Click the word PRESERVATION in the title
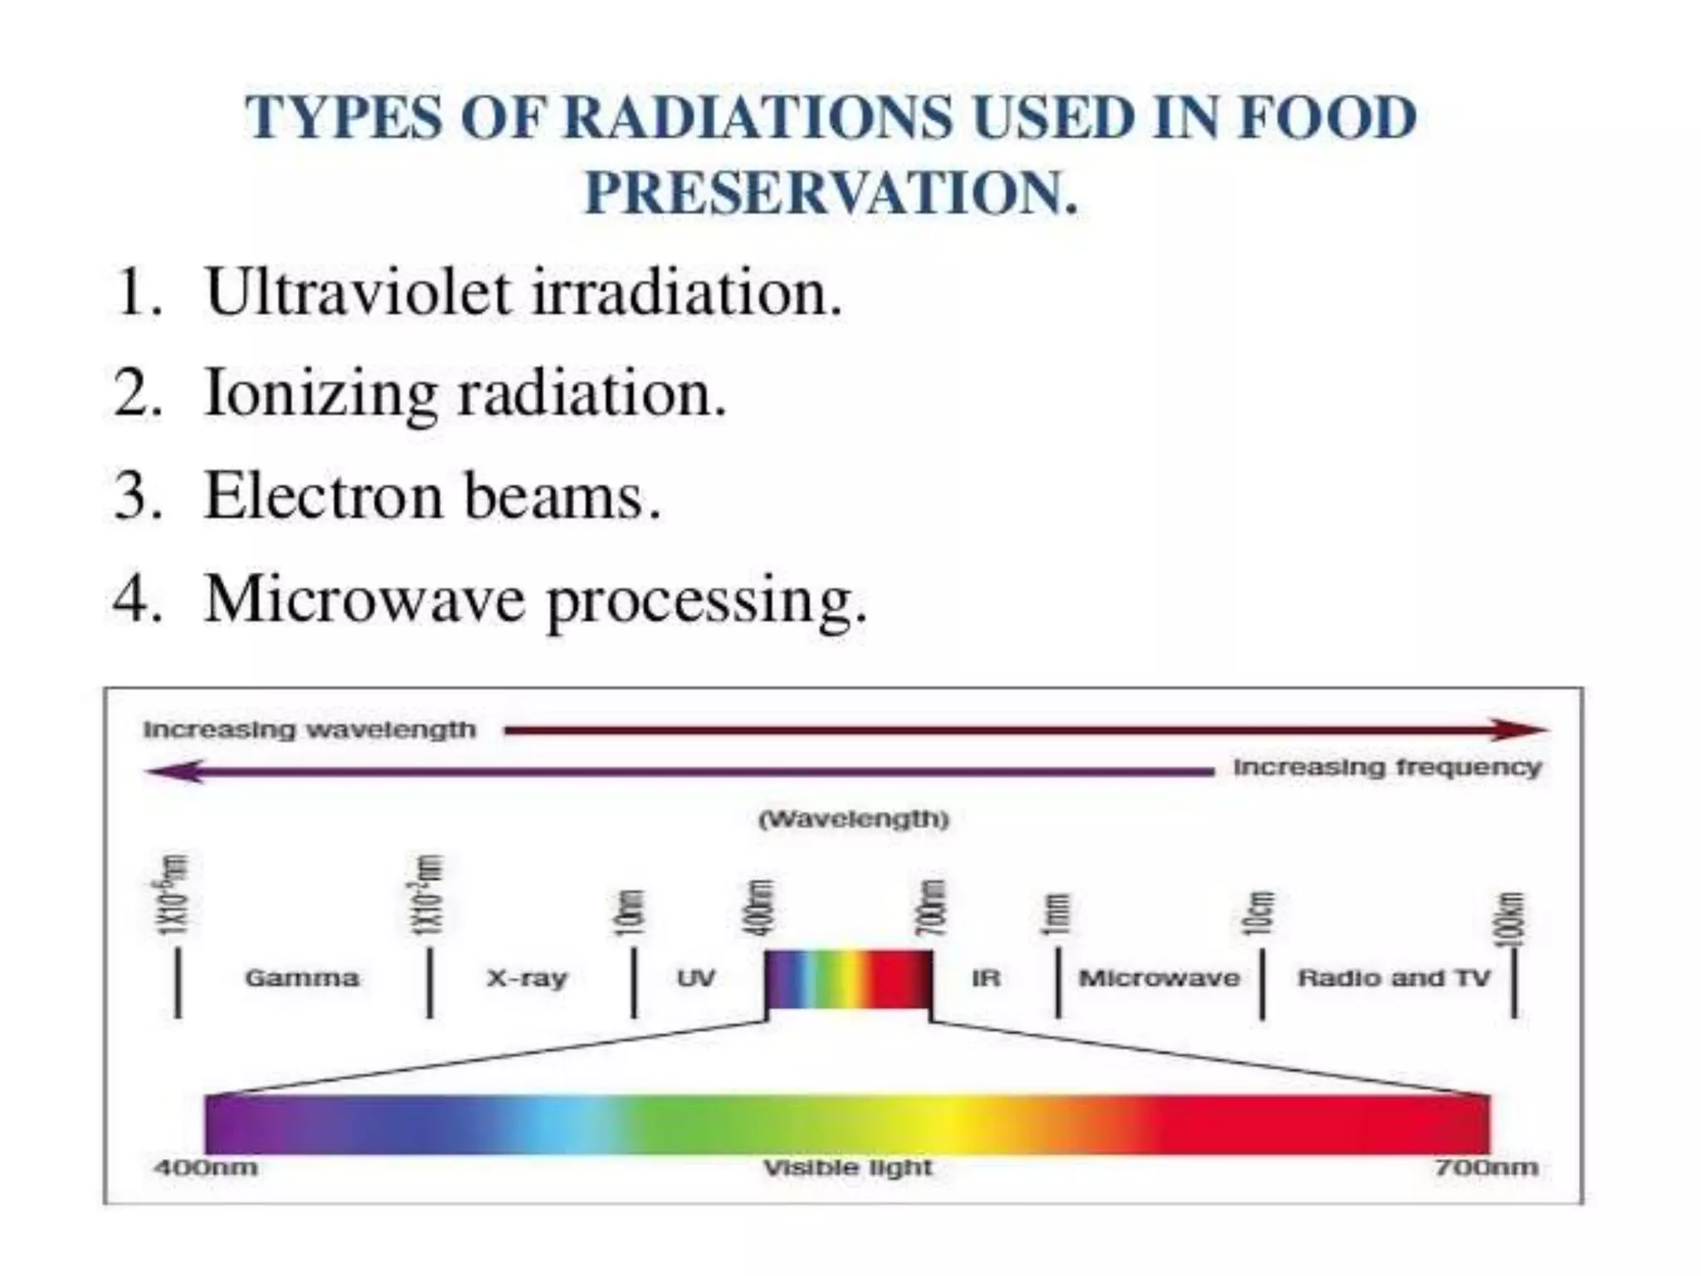click(831, 193)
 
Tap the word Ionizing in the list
click(321, 394)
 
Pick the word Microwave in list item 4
click(364, 599)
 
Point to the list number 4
click(135, 599)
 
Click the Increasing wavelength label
click(310, 730)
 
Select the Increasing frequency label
click(1387, 768)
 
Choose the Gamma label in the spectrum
click(302, 978)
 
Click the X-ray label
click(527, 978)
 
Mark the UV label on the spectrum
click(696, 978)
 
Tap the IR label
click(986, 978)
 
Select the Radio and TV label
click(1395, 978)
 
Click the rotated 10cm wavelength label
click(1260, 911)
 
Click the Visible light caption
click(848, 1168)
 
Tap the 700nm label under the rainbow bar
click(1486, 1168)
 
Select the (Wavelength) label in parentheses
click(853, 820)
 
